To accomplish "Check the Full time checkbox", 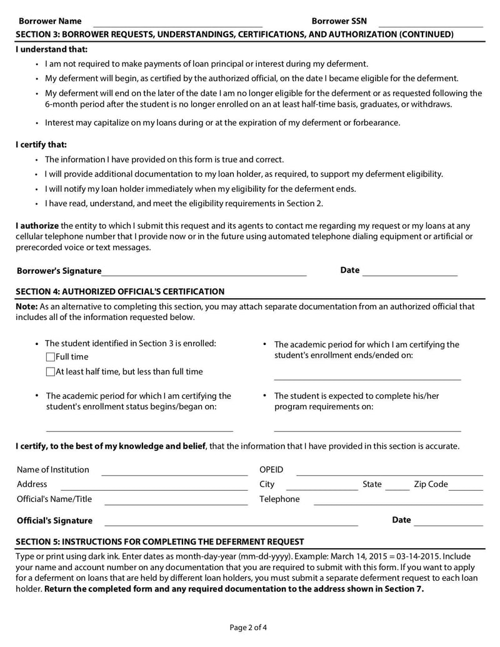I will coord(51,357).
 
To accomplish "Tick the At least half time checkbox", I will coord(51,372).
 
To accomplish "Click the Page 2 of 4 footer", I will coord(249,627).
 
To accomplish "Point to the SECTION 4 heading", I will coord(120,291).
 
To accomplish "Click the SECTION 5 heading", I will coord(159,541).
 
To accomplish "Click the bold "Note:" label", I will coord(27,306).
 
